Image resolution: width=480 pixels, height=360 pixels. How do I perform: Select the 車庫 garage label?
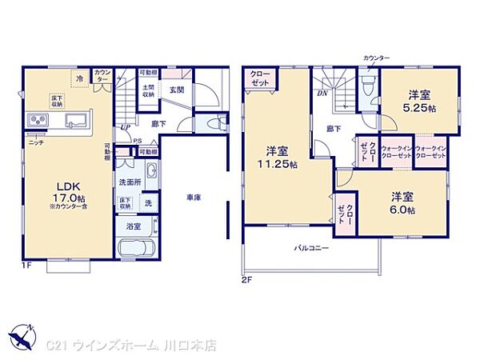tap(193, 197)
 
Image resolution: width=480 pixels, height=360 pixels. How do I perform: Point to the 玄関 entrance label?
tap(176, 90)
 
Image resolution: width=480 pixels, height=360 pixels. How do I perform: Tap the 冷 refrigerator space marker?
tap(80, 79)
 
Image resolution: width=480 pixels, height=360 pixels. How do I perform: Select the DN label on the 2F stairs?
tap(322, 93)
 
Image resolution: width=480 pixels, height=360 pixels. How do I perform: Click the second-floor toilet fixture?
tap(368, 84)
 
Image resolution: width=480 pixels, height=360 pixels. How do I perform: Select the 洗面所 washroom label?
tap(130, 182)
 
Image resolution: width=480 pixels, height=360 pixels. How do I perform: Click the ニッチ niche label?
tap(36, 142)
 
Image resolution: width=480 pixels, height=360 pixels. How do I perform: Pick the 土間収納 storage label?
tap(149, 90)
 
